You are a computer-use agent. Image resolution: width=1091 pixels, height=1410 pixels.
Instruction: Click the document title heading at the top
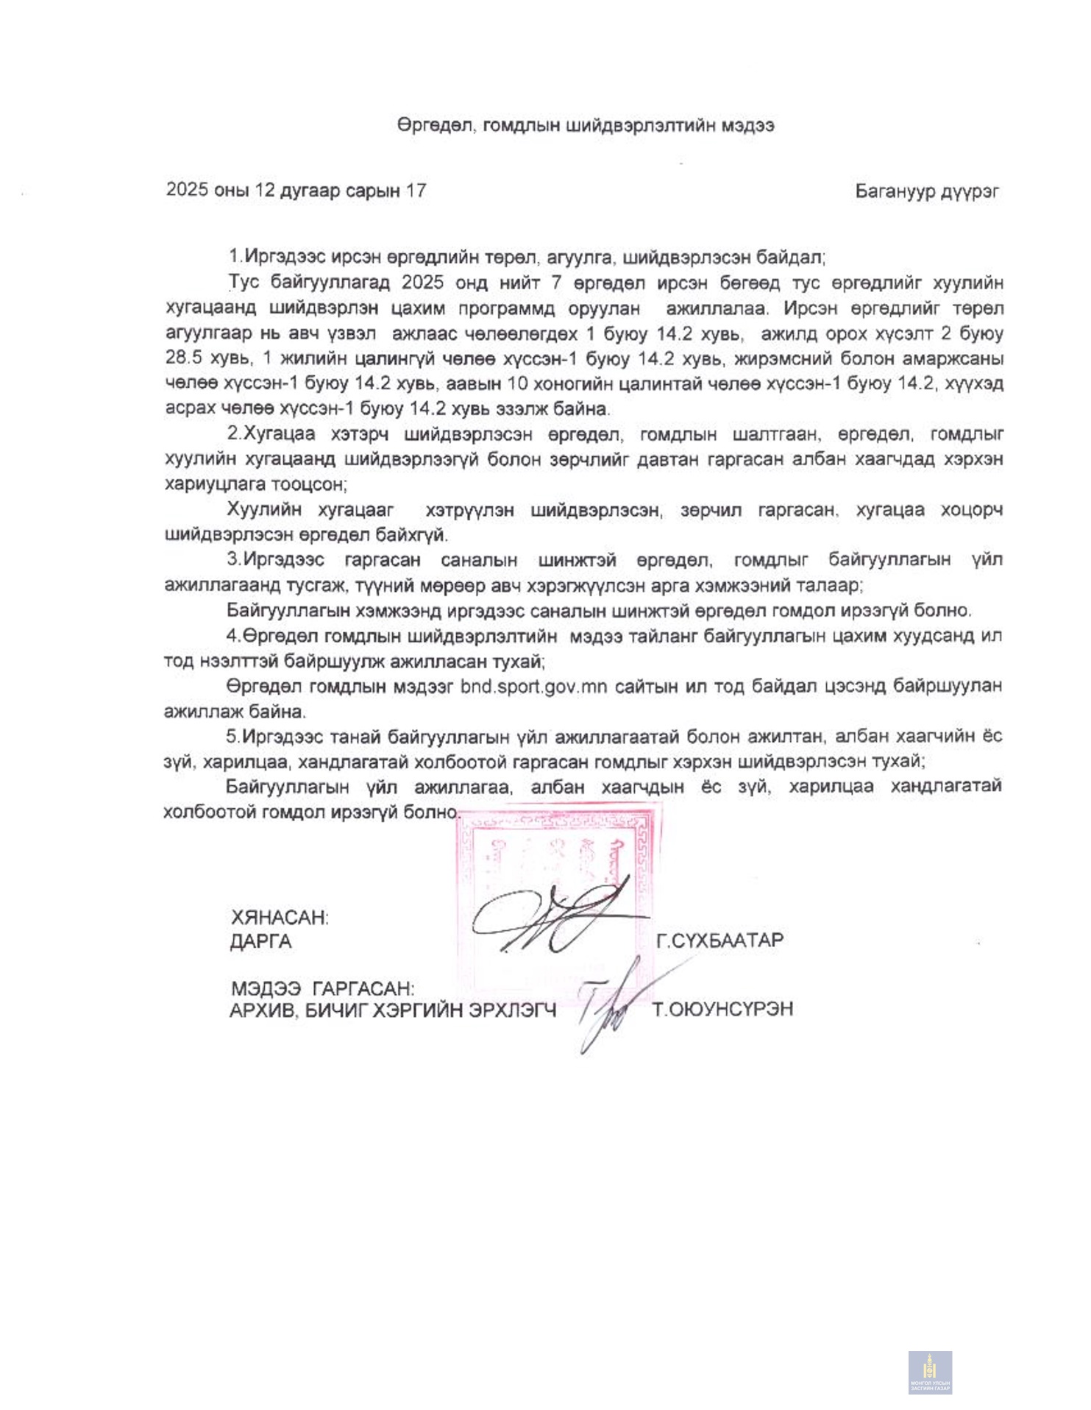[x=585, y=126]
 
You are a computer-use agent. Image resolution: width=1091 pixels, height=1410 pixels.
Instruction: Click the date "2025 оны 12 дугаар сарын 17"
[x=296, y=191]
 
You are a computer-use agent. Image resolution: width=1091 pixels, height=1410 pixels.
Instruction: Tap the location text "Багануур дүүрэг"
[x=926, y=191]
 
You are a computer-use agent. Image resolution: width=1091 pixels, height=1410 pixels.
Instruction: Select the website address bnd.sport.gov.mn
[x=533, y=687]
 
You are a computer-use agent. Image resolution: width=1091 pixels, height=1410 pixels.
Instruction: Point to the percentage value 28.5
[x=188, y=358]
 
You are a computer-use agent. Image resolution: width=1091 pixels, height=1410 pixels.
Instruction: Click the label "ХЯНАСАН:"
[x=280, y=918]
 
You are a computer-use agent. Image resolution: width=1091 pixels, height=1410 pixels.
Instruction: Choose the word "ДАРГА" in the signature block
[x=260, y=941]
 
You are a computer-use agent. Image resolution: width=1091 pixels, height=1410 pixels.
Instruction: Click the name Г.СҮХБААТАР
[x=719, y=940]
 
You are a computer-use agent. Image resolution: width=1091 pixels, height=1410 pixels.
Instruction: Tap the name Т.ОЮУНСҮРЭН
[x=722, y=1009]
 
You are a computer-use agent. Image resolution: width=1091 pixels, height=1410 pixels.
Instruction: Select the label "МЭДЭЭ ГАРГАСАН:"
[x=322, y=988]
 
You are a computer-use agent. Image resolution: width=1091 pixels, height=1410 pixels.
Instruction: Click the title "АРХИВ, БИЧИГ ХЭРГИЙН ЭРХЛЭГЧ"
[x=393, y=1010]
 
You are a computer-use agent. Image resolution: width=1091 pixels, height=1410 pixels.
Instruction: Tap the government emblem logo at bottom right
[x=930, y=1372]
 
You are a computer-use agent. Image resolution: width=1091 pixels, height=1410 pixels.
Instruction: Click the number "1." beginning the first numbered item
[x=235, y=257]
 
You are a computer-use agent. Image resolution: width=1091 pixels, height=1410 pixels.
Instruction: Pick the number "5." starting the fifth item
[x=233, y=736]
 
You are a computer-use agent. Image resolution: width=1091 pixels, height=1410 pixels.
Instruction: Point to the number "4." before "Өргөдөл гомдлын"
[x=234, y=635]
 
